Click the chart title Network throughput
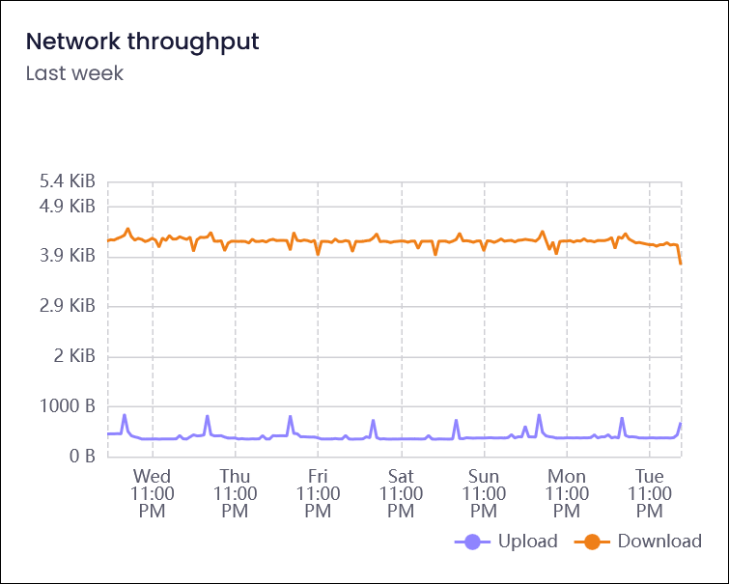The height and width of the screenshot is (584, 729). click(x=142, y=42)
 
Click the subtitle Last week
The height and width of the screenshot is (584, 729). click(x=74, y=73)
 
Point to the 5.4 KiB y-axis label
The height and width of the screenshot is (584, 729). click(x=68, y=181)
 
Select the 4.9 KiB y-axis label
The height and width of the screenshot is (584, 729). click(x=68, y=206)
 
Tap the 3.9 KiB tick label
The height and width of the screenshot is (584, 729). click(x=68, y=256)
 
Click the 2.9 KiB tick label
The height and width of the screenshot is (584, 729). click(x=68, y=306)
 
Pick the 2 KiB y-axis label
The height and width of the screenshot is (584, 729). click(x=74, y=356)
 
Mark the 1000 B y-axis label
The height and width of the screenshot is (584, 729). click(x=68, y=406)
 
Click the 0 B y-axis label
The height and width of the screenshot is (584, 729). click(x=82, y=457)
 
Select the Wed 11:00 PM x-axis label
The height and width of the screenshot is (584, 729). click(x=152, y=494)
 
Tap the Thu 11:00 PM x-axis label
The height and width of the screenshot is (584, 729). click(x=235, y=494)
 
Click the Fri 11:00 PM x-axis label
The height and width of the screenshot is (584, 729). click(x=318, y=494)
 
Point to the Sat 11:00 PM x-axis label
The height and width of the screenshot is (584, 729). click(x=401, y=494)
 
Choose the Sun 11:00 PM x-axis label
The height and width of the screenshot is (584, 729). click(x=484, y=494)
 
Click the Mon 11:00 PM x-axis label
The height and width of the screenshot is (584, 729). click(x=567, y=494)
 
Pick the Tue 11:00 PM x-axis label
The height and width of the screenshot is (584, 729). click(x=650, y=494)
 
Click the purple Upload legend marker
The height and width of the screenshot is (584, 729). click(x=472, y=542)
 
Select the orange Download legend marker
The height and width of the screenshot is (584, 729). click(x=592, y=542)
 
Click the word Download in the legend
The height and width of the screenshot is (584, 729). click(x=659, y=542)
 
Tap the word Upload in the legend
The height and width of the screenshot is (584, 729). click(x=528, y=542)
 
